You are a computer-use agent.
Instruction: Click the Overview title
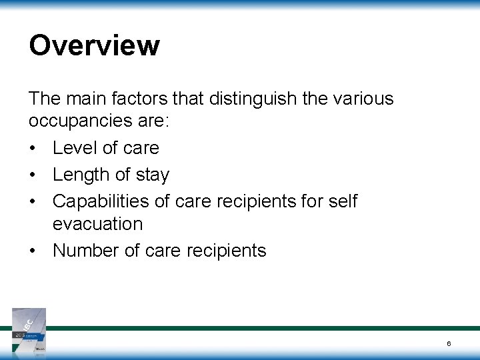pyautogui.click(x=94, y=46)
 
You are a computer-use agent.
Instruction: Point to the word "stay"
pyautogui.click(x=153, y=175)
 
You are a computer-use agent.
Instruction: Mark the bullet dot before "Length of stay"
pyautogui.click(x=33, y=175)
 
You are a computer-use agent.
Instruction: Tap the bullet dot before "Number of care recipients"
pyautogui.click(x=33, y=251)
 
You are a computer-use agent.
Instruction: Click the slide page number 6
pyautogui.click(x=449, y=343)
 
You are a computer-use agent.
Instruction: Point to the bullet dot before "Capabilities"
pyautogui.click(x=33, y=201)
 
